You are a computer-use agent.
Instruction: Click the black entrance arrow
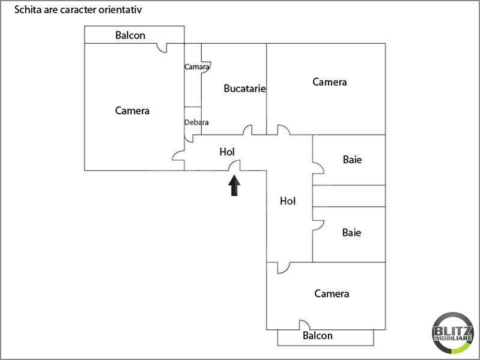pyautogui.click(x=234, y=185)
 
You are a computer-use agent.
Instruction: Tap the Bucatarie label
pyautogui.click(x=245, y=88)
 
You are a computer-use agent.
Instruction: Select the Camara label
pyautogui.click(x=196, y=67)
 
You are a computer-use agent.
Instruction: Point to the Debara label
pyautogui.click(x=196, y=122)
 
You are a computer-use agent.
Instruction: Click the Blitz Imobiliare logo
pyautogui.click(x=453, y=333)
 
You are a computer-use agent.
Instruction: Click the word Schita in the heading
pyautogui.click(x=28, y=10)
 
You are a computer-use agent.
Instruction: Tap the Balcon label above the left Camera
pyautogui.click(x=130, y=35)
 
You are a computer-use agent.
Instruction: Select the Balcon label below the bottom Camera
pyautogui.click(x=317, y=335)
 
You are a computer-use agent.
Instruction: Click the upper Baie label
pyautogui.click(x=352, y=160)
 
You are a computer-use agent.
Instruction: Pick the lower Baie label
pyautogui.click(x=351, y=232)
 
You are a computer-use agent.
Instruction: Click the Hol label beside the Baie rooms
pyautogui.click(x=288, y=200)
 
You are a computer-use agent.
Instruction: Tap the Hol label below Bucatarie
pyautogui.click(x=227, y=151)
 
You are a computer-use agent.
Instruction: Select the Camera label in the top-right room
pyautogui.click(x=329, y=82)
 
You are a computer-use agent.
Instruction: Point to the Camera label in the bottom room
pyautogui.click(x=332, y=293)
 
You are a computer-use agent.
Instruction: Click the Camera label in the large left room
pyautogui.click(x=132, y=110)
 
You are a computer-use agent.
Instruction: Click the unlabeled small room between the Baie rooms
pyautogui.click(x=348, y=196)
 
